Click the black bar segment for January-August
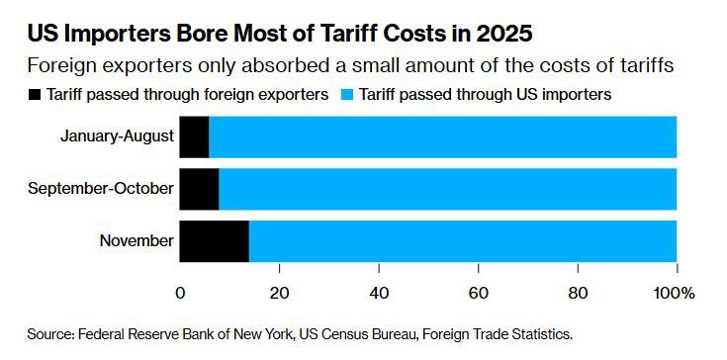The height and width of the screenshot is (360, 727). coord(194,137)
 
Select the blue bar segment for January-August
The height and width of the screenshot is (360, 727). coord(442,137)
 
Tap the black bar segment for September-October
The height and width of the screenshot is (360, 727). coord(199,189)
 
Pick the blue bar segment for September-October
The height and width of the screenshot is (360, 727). coord(447,189)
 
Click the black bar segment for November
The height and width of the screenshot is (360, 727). coord(214,240)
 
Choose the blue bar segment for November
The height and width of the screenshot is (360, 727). coord(462,240)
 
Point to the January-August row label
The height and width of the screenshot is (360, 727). coord(117,137)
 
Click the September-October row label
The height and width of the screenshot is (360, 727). coord(102,189)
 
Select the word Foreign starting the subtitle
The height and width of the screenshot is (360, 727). coord(60,66)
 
